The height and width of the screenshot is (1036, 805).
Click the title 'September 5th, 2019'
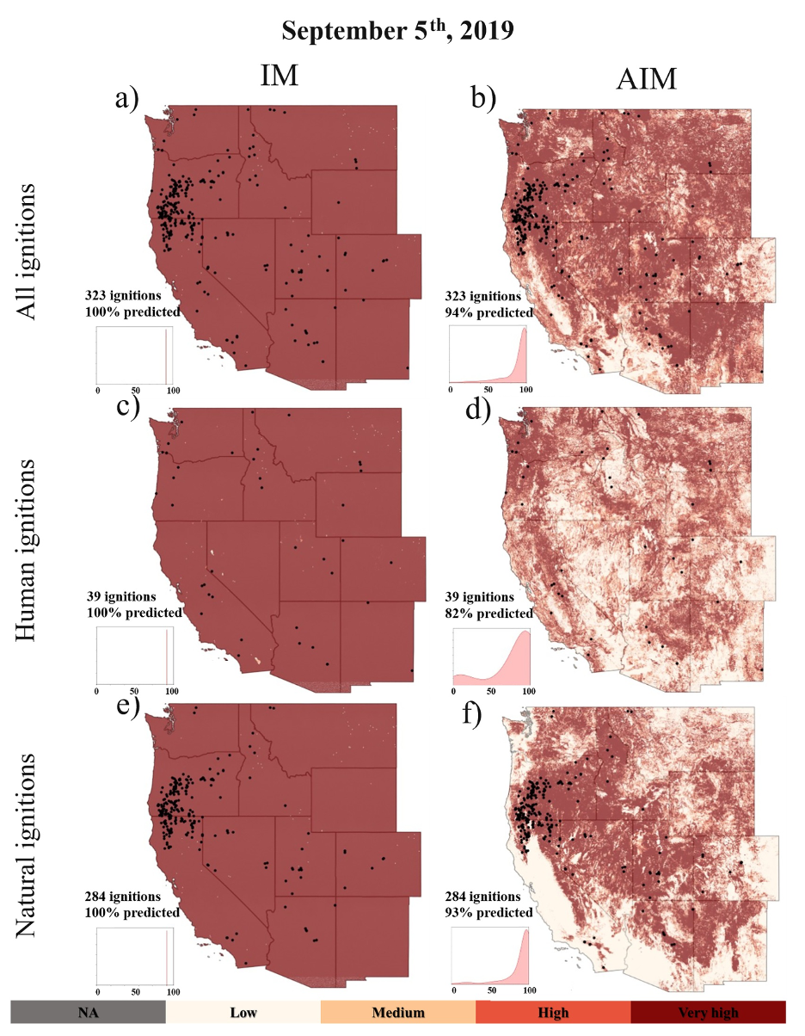tap(397, 31)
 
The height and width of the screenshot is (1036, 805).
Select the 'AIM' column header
tap(648, 80)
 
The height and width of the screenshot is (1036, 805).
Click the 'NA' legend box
tap(88, 1012)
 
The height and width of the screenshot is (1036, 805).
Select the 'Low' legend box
tap(243, 1012)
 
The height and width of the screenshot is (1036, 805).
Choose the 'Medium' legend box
tap(398, 1012)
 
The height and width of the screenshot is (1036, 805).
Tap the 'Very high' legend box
tap(708, 1012)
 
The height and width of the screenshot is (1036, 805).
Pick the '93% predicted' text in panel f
tap(488, 912)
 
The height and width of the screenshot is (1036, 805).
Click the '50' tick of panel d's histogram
tap(490, 691)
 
